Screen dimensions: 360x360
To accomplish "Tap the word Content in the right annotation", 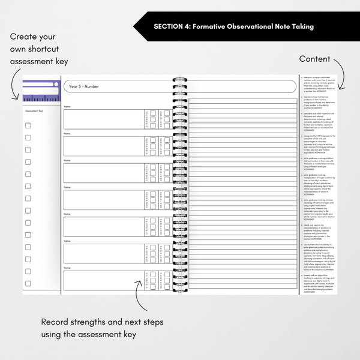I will tap(315, 59).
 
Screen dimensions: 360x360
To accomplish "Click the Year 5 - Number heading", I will tap(84, 86).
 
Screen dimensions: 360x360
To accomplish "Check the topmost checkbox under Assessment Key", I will tap(28, 125).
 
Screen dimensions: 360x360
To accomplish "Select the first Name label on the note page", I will tap(68, 107).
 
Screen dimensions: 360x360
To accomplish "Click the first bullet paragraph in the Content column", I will tap(318, 83).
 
